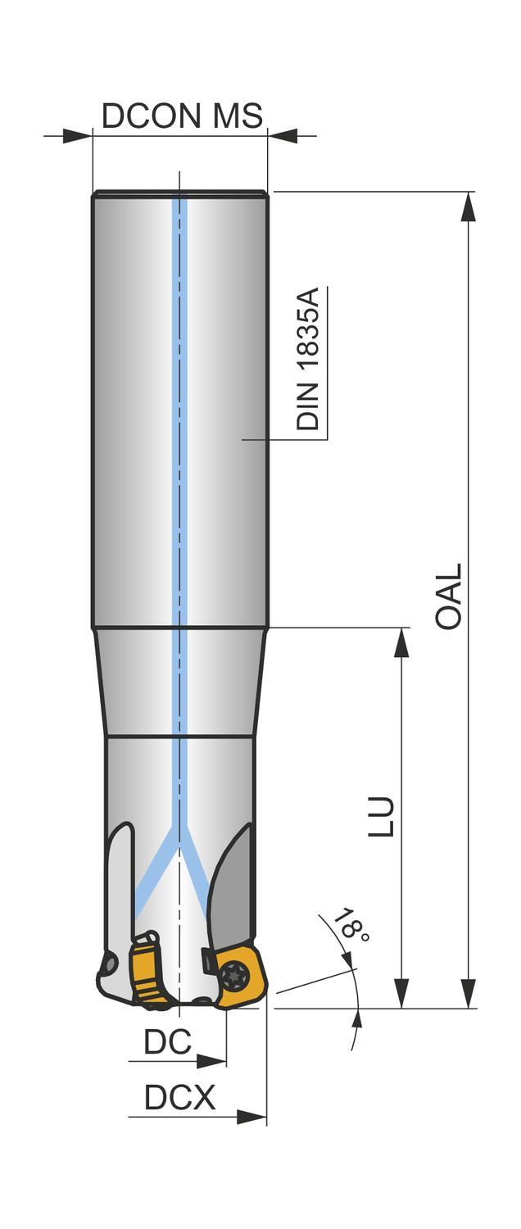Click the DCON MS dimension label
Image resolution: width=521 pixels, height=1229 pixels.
(x=182, y=116)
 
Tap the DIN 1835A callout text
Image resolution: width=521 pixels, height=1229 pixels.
(x=308, y=359)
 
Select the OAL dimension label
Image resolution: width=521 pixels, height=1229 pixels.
(x=449, y=596)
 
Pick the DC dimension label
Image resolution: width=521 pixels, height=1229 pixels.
(x=167, y=1041)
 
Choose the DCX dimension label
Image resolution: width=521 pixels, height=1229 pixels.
(x=180, y=1097)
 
